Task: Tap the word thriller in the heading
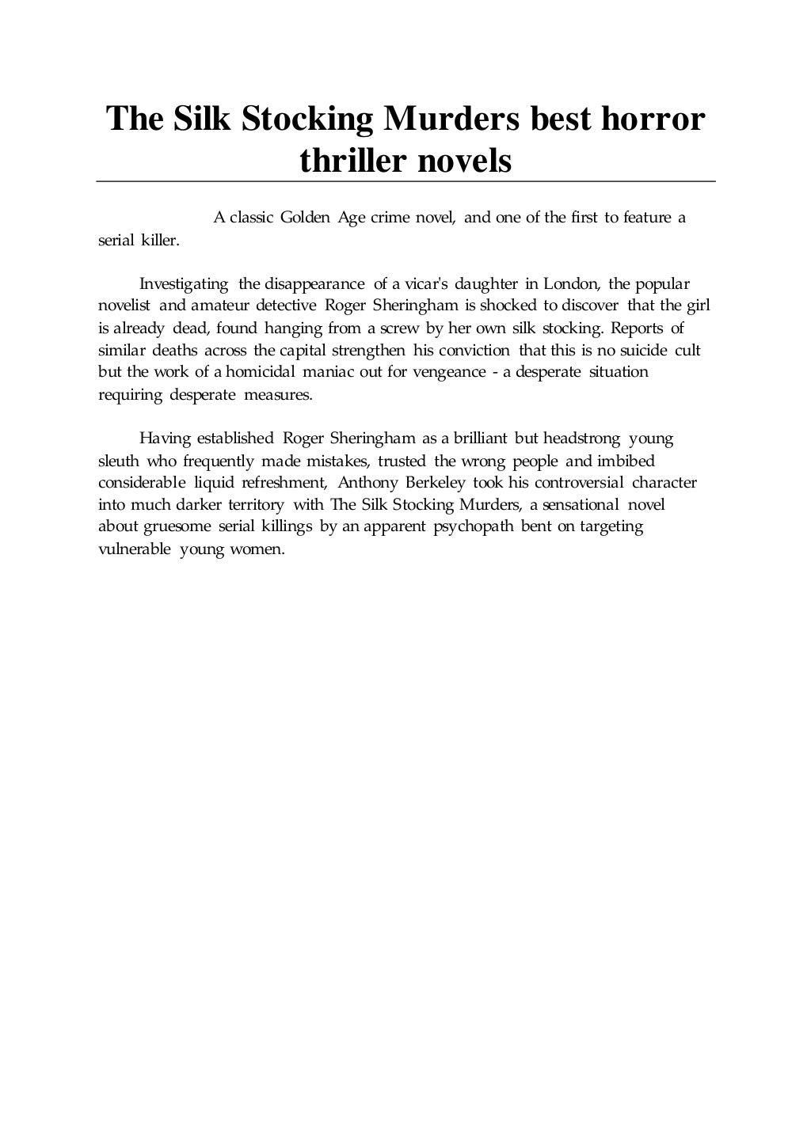352,161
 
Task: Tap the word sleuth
119,461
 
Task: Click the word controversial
579,483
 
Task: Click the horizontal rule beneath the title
405,182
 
